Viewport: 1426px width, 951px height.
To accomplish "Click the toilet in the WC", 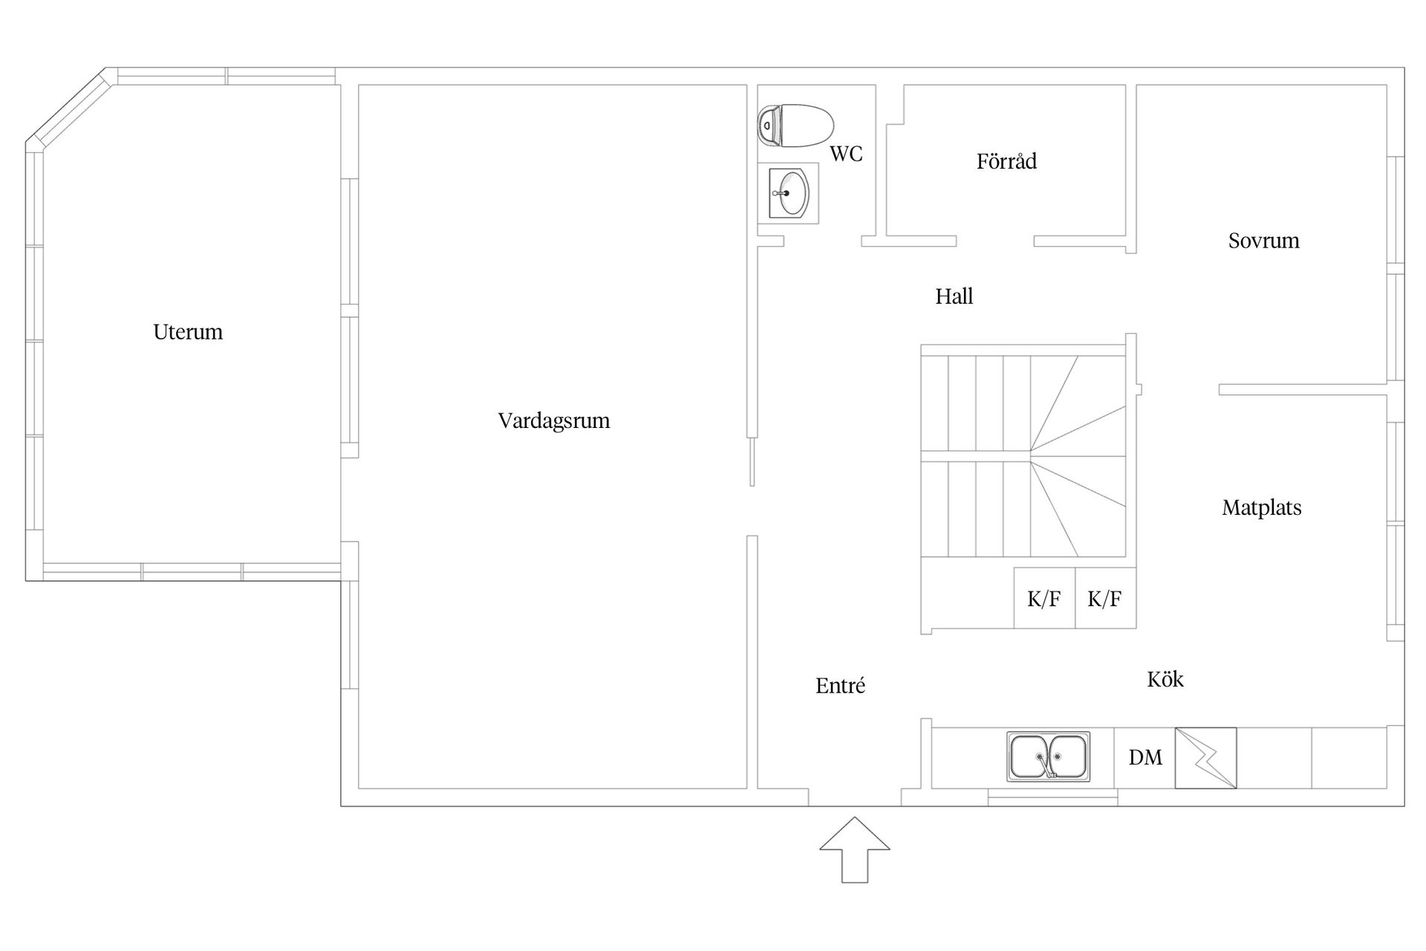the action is (x=795, y=126).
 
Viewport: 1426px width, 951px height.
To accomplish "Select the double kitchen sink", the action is (x=1049, y=756).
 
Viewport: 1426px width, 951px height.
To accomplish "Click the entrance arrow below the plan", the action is (x=855, y=850).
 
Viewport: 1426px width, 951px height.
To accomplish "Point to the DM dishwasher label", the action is (x=1145, y=757).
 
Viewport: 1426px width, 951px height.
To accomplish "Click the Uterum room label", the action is (x=188, y=331).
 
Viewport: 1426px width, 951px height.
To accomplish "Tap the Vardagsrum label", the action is (x=554, y=421).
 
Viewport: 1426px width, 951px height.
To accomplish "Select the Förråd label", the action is (x=1006, y=160).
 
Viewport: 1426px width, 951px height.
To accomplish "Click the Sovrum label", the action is (x=1263, y=241).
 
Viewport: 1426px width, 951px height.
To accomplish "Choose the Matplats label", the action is (x=1262, y=507).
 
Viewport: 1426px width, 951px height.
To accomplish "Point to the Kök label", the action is (x=1165, y=678).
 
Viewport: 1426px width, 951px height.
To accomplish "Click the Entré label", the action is (x=840, y=685).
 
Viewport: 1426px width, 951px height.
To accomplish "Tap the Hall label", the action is (x=954, y=296).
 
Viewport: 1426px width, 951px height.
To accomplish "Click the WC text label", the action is (x=846, y=154).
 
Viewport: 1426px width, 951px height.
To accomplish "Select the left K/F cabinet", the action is (x=1044, y=598).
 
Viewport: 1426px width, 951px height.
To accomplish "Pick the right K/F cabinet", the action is (x=1105, y=598).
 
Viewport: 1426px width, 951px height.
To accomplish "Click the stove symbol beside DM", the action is (x=1205, y=758).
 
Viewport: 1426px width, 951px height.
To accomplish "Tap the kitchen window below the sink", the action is (x=1052, y=798).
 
